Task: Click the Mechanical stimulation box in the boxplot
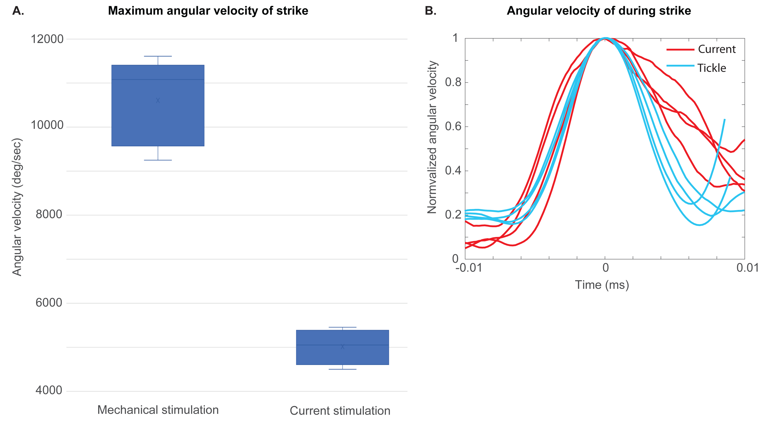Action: tap(158, 121)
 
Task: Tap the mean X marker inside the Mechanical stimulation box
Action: tap(158, 100)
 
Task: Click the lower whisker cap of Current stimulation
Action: tap(342, 369)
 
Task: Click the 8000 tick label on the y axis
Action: tap(49, 215)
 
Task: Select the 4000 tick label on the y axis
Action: tap(49, 390)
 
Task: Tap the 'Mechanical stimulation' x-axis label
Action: tap(158, 410)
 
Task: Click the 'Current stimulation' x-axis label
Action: tap(340, 411)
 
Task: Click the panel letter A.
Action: tap(18, 11)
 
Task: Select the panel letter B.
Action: tap(430, 11)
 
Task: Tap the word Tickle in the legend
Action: tap(711, 68)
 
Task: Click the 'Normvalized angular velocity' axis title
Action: tap(432, 137)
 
